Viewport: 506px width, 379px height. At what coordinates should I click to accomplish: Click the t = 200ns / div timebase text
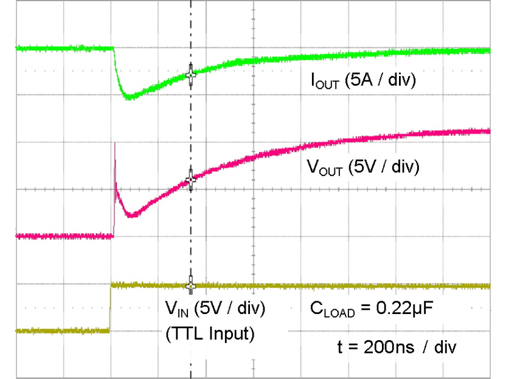(x=394, y=348)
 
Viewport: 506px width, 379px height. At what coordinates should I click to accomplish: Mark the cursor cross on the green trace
(x=191, y=73)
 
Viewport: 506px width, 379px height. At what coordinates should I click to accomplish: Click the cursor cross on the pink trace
(x=191, y=179)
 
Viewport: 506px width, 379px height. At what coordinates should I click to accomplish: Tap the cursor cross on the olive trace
(x=191, y=285)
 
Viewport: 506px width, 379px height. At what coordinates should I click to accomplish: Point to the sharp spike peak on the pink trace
(x=115, y=145)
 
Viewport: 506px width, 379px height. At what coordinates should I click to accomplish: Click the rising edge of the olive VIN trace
(x=110, y=307)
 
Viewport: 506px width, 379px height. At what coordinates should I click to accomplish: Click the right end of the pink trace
(x=488, y=131)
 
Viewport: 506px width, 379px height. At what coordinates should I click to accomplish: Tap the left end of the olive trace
(x=18, y=331)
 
